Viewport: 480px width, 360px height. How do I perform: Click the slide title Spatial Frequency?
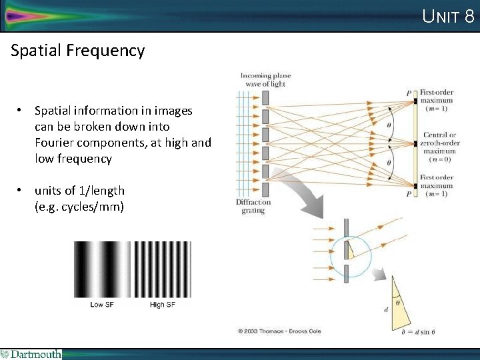[x=77, y=51]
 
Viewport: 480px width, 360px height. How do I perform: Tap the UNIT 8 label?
[x=448, y=16]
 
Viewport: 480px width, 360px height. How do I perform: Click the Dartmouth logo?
[x=31, y=354]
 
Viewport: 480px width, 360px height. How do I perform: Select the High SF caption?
[x=163, y=305]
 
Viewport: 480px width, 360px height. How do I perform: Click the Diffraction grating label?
[x=253, y=206]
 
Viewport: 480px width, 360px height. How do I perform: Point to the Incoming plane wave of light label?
[x=265, y=79]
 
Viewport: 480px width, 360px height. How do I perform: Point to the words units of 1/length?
[x=79, y=191]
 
